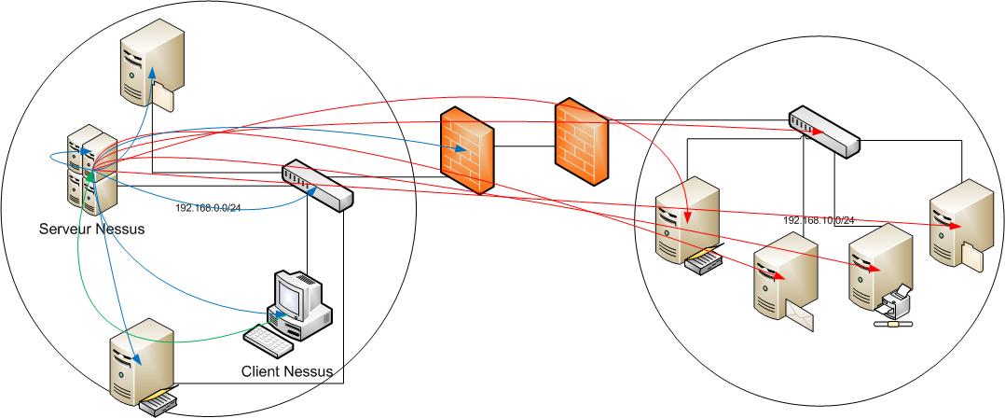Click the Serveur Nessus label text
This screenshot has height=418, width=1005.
point(92,228)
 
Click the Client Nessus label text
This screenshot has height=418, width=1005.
point(287,371)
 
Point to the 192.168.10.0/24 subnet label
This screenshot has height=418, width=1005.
point(819,220)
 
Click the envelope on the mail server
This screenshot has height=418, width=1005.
point(805,317)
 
